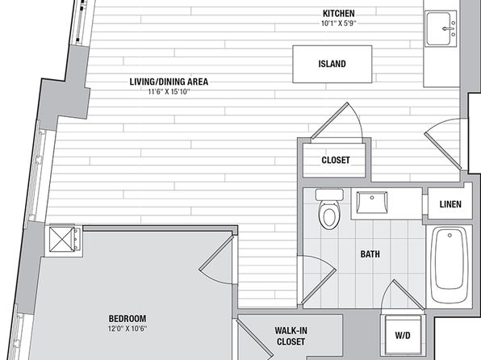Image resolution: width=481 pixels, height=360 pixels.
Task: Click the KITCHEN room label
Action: click(339, 14)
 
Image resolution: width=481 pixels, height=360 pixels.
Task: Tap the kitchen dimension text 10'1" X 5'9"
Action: click(339, 23)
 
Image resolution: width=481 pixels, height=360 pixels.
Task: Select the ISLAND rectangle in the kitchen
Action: click(333, 64)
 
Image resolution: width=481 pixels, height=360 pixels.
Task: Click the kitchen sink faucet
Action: click(449, 29)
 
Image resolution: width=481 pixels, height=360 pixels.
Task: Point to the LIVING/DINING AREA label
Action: click(169, 82)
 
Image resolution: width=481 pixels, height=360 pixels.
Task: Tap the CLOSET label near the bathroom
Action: click(336, 160)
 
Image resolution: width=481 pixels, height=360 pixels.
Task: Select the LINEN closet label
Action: click(450, 204)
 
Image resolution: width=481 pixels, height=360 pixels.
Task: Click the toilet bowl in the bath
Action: click(329, 214)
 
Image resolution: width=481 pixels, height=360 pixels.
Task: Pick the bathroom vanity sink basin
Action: click(371, 203)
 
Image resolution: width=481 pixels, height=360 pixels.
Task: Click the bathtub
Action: click(449, 264)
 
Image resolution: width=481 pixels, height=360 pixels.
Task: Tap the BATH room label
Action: click(370, 254)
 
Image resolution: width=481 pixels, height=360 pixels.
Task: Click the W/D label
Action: click(403, 336)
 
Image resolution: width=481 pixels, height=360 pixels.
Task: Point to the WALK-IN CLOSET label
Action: click(291, 336)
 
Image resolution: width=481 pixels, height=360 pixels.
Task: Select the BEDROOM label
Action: click(128, 318)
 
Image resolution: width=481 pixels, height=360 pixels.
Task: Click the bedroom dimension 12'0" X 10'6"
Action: click(128, 329)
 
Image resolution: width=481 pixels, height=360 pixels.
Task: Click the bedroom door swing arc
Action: click(211, 278)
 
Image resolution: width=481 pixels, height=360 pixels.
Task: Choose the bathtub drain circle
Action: click(450, 236)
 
